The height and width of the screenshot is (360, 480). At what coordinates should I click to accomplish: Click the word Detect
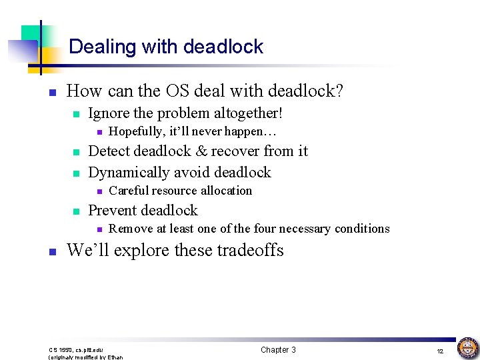(109, 151)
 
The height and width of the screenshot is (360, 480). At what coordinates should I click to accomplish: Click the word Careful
(129, 191)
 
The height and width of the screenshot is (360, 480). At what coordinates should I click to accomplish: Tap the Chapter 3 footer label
(278, 350)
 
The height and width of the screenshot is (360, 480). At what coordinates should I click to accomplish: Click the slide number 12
(440, 351)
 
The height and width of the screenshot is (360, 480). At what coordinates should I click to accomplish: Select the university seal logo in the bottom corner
(467, 347)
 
